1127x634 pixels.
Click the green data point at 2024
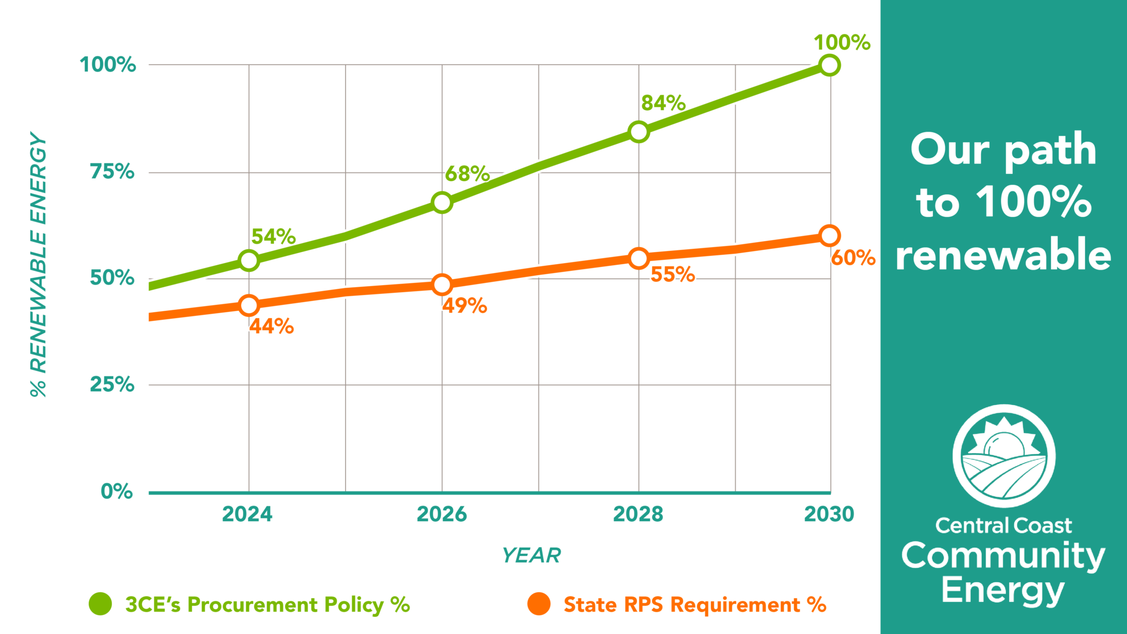coord(249,260)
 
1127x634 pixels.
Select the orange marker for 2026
coord(442,285)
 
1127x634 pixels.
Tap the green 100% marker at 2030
coord(829,65)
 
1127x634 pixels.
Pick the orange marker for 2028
coord(638,258)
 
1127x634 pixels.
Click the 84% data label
coord(663,103)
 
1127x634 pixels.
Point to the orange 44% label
coord(271,326)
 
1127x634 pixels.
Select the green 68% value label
coord(467,174)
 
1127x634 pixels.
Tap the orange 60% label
coord(853,258)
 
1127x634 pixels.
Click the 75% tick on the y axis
coord(112,172)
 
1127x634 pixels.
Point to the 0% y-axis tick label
coord(117,491)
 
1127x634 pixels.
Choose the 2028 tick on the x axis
coord(638,514)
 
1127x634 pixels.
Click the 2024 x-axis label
coord(247,514)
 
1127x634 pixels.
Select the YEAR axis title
coord(531,555)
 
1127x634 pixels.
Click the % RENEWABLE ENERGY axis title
coord(38,264)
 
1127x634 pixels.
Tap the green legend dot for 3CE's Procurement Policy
coord(100,604)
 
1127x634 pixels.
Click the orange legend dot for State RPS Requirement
coord(539,604)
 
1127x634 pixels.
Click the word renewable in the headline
coord(1003,255)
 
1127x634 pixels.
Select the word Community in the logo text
coord(1003,556)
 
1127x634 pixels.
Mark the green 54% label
coord(273,237)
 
